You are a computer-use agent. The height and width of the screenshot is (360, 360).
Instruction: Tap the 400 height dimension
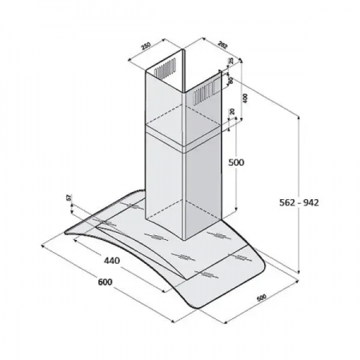click(245, 97)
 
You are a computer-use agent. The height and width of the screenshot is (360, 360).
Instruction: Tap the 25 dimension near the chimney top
click(230, 62)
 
